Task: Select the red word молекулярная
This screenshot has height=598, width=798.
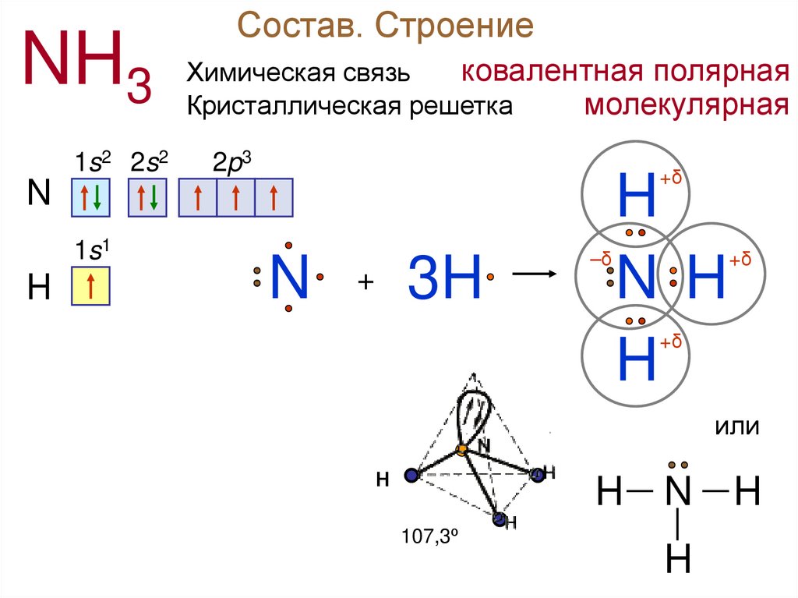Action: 687,104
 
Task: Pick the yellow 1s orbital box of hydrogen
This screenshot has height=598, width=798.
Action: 90,285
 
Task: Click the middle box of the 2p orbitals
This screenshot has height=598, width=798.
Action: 235,197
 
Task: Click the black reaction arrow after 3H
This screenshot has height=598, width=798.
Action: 532,274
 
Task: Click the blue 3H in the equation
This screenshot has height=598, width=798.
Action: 445,277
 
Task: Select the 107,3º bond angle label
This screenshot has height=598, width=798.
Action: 427,536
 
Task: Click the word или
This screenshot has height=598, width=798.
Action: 736,427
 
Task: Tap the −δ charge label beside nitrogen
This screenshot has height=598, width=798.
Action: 600,260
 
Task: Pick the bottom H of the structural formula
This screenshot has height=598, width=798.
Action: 678,558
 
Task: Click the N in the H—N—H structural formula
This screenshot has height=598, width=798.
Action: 678,493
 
